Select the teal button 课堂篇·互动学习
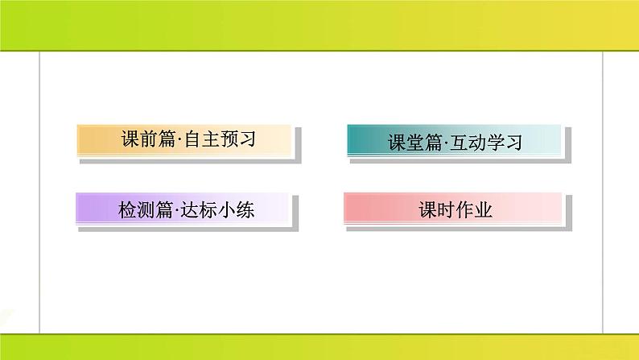point(453,142)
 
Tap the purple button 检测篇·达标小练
point(181,209)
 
